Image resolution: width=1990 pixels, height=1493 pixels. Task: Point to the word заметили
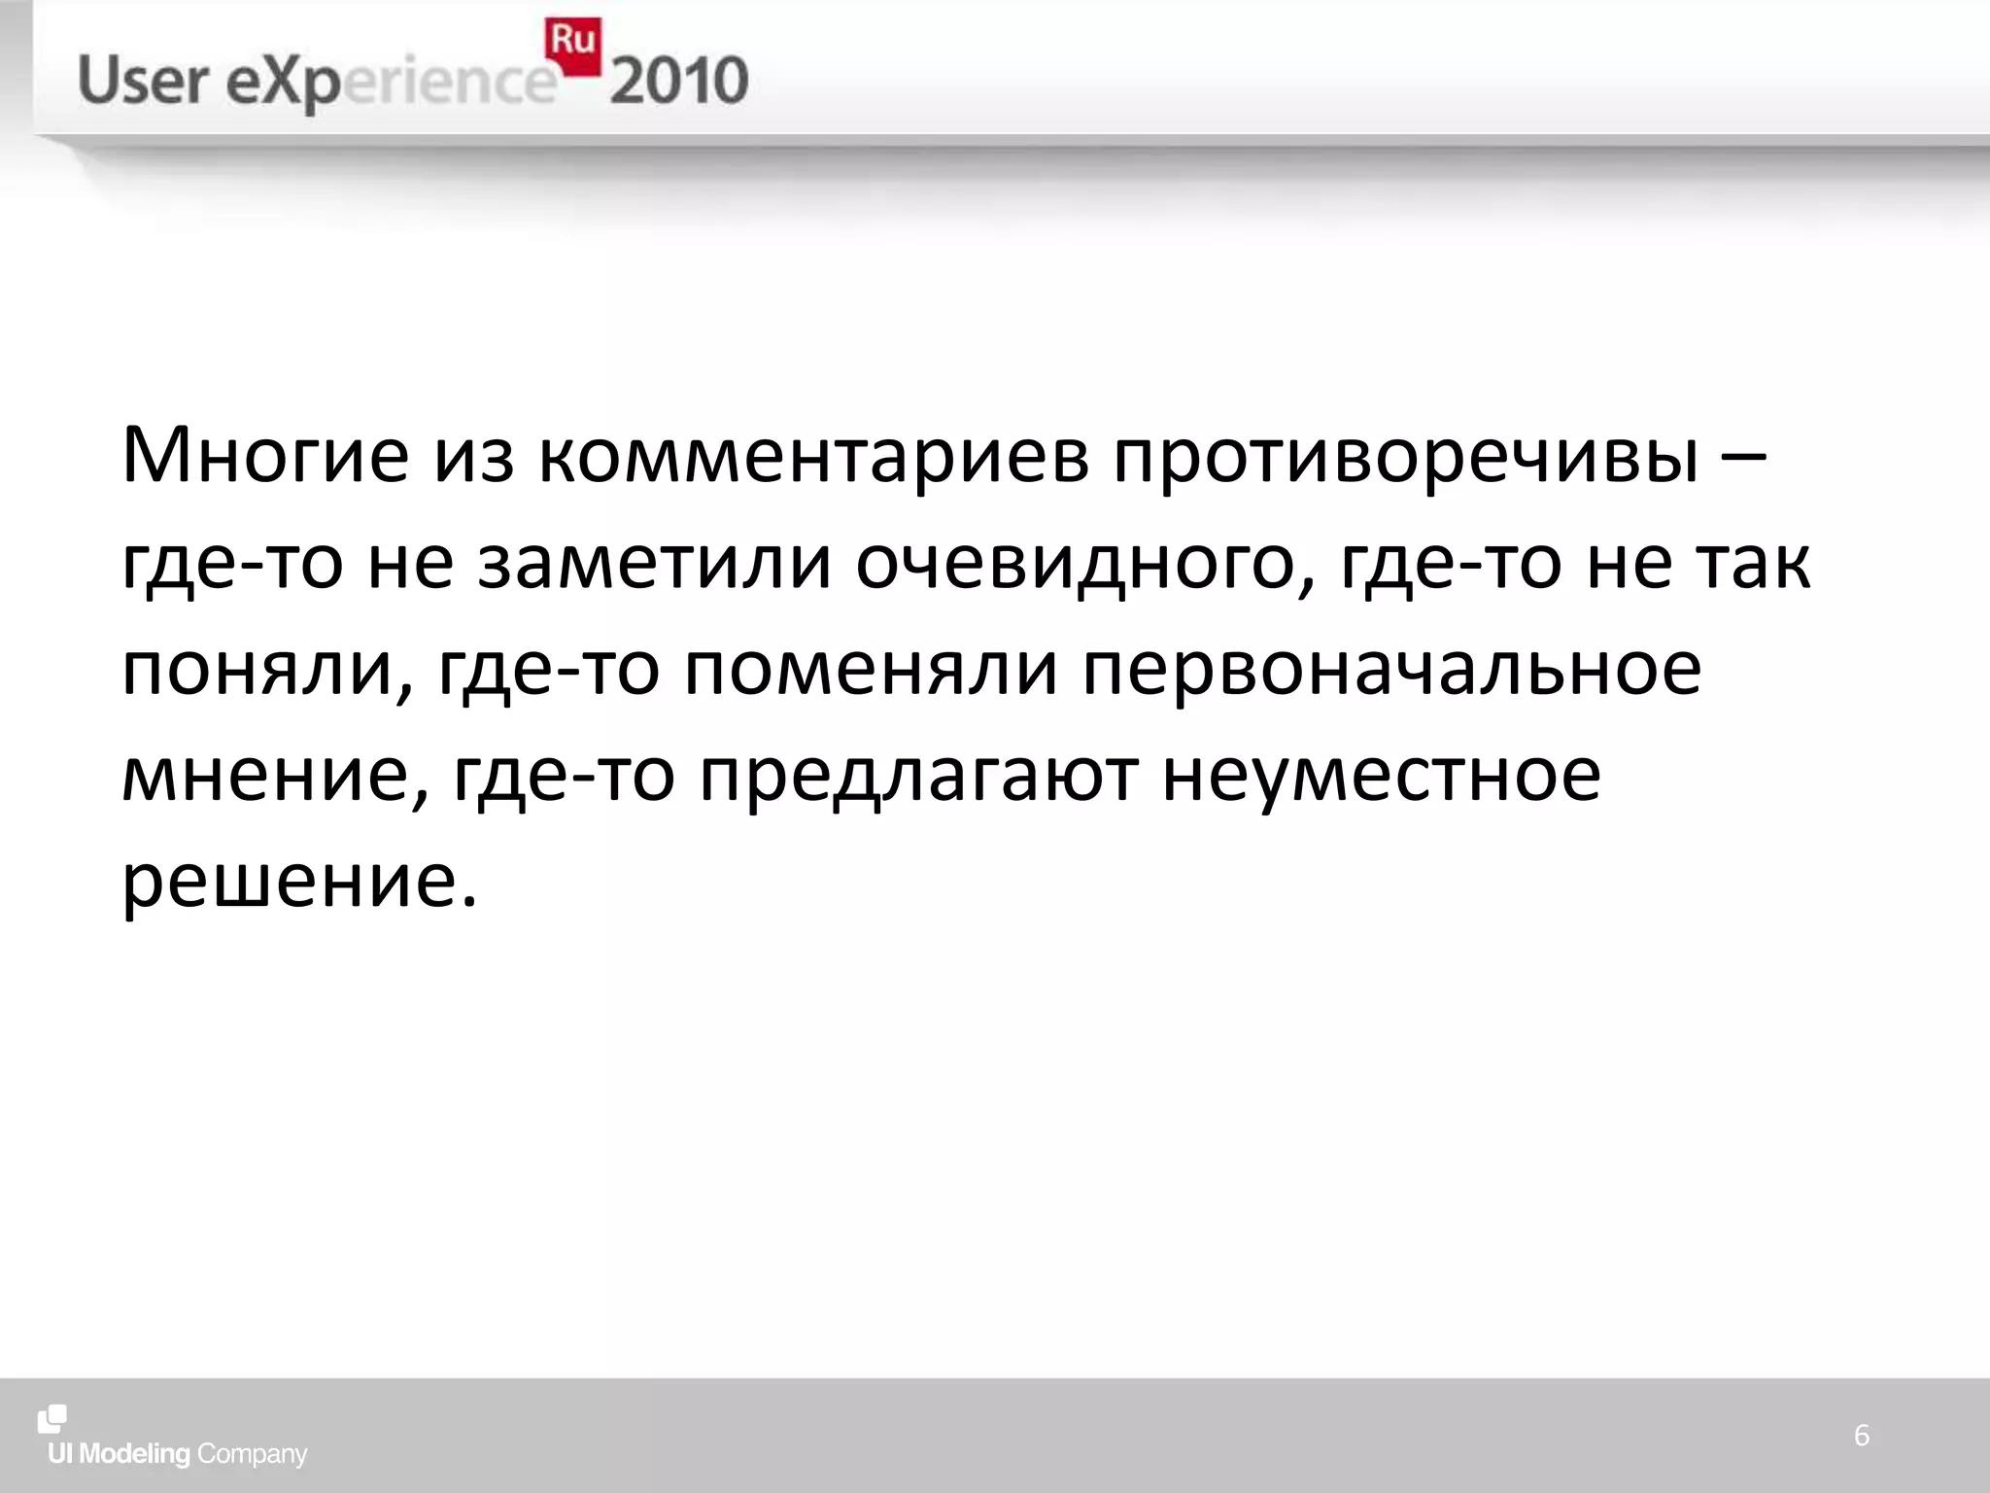[655, 564]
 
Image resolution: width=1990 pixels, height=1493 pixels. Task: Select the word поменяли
[871, 671]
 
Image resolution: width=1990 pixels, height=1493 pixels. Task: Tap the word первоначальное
[1391, 671]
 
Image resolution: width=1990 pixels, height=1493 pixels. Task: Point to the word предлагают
[918, 777]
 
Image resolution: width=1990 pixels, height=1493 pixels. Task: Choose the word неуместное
[1381, 777]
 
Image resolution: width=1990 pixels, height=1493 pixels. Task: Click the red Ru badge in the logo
[573, 46]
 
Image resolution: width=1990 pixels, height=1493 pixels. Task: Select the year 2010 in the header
[679, 81]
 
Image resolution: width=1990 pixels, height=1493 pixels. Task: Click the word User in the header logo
[143, 81]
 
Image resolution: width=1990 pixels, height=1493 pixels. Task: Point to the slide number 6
[1861, 1436]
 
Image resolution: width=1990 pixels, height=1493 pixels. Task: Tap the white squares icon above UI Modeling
[52, 1418]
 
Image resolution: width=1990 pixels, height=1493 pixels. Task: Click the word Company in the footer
[252, 1454]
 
